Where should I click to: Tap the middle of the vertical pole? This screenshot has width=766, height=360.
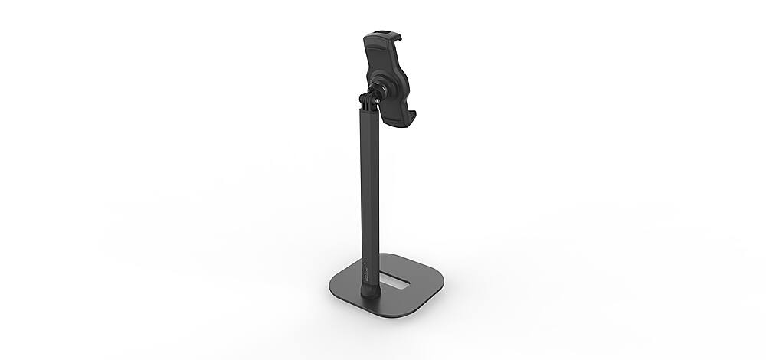[366, 191]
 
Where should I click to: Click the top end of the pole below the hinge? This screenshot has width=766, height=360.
[366, 113]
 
